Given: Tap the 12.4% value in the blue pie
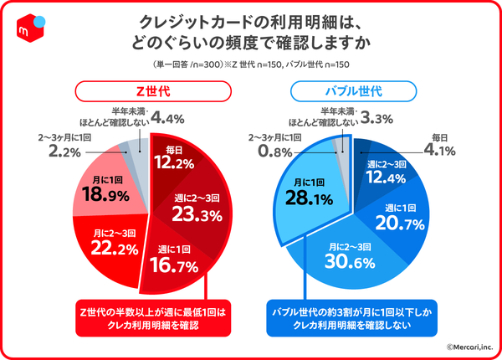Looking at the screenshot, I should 389,177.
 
